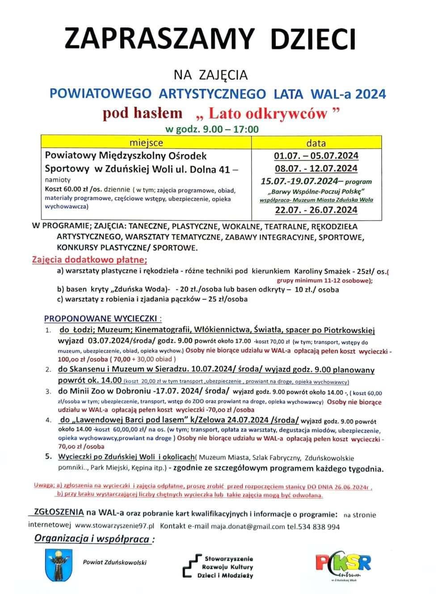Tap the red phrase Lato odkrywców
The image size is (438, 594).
267,114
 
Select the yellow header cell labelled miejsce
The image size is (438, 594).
146,143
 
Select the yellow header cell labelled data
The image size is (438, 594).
316,143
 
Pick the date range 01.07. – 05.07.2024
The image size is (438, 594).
316,156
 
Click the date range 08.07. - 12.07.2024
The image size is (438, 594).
316,169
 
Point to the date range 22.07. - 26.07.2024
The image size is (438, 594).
316,210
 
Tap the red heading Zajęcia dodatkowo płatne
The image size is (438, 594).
89,260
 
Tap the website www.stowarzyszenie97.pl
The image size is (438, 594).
114,526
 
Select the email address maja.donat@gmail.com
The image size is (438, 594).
248,526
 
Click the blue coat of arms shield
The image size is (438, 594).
59,565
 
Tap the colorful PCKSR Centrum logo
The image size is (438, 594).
343,564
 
